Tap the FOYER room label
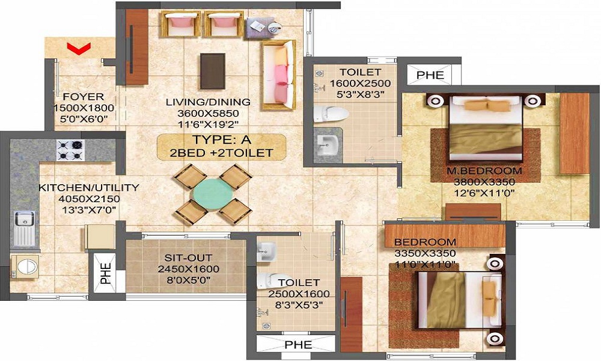tap(84, 97)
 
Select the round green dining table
tap(211, 193)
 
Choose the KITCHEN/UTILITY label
tap(89, 188)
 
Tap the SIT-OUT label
tap(184, 258)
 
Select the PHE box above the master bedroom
tap(431, 75)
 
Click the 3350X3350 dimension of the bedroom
tap(425, 253)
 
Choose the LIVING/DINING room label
tap(209, 102)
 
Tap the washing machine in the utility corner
tap(25, 266)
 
